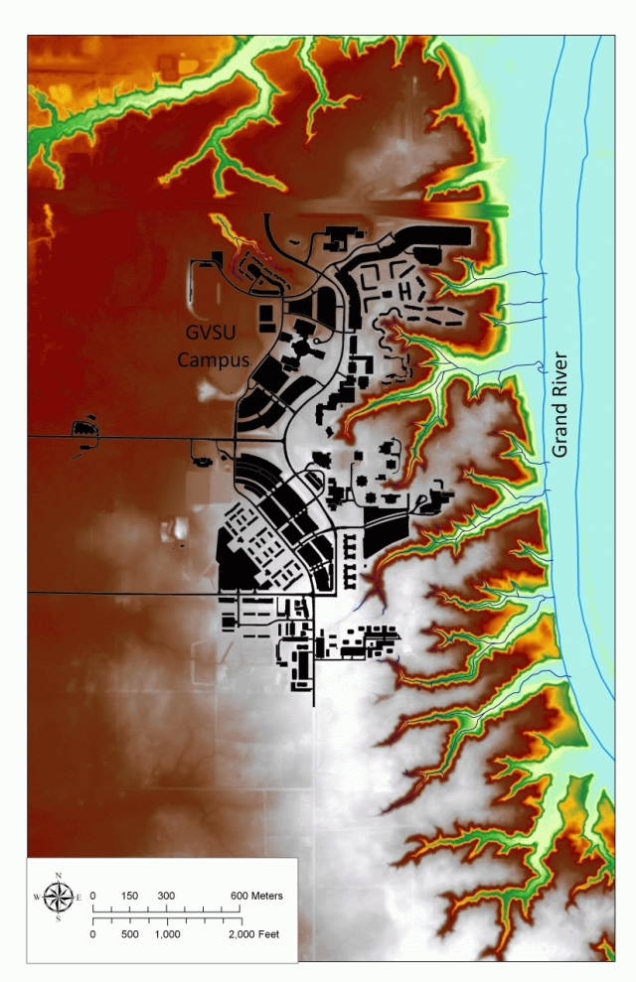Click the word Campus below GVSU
(x=213, y=360)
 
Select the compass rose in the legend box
(x=59, y=897)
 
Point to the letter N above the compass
(x=59, y=876)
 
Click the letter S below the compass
(x=59, y=918)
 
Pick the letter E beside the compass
(x=79, y=898)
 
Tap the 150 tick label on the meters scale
(x=129, y=896)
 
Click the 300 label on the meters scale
(x=166, y=896)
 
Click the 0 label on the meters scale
(x=93, y=896)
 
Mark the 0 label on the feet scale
(x=93, y=934)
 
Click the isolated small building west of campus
(x=81, y=430)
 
